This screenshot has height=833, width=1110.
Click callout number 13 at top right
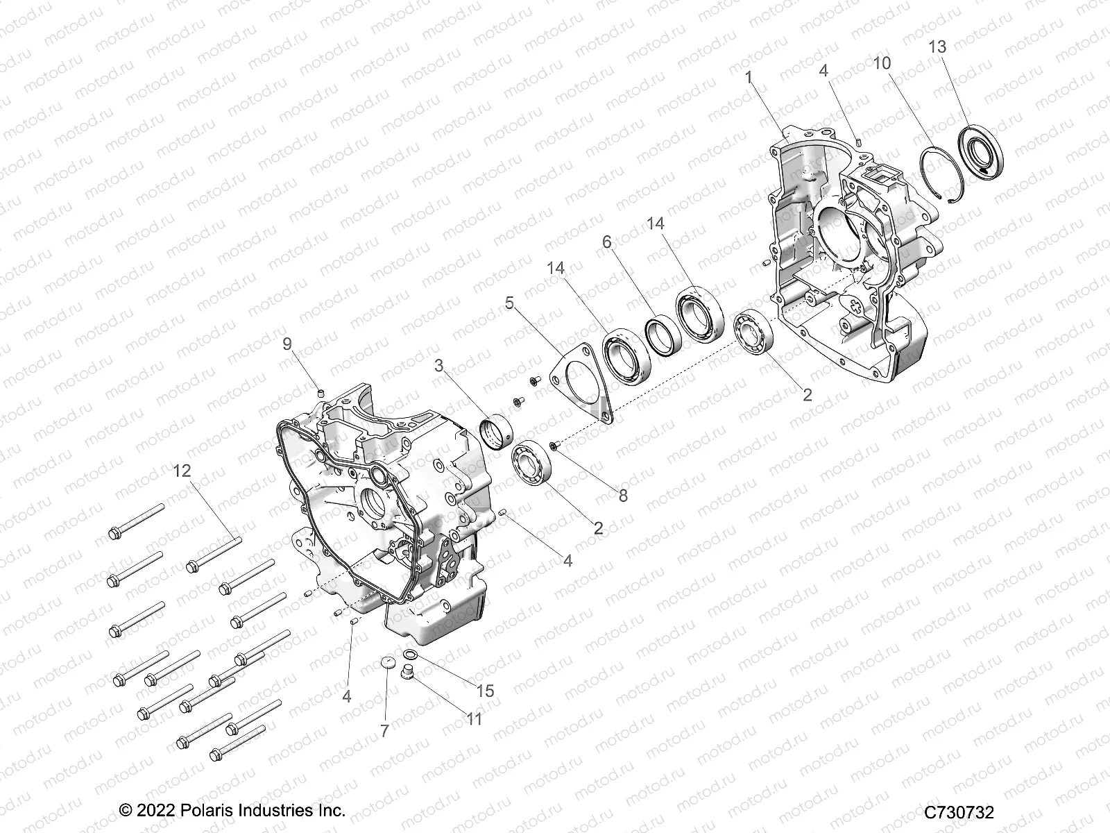point(937,47)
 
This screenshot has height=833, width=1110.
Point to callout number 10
point(882,63)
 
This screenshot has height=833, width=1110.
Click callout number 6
point(607,242)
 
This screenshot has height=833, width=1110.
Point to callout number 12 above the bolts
point(182,471)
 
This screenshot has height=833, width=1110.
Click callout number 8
point(623,495)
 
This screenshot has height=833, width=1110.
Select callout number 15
point(486,691)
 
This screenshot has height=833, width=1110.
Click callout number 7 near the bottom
point(384,730)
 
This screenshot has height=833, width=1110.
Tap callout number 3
point(438,366)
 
